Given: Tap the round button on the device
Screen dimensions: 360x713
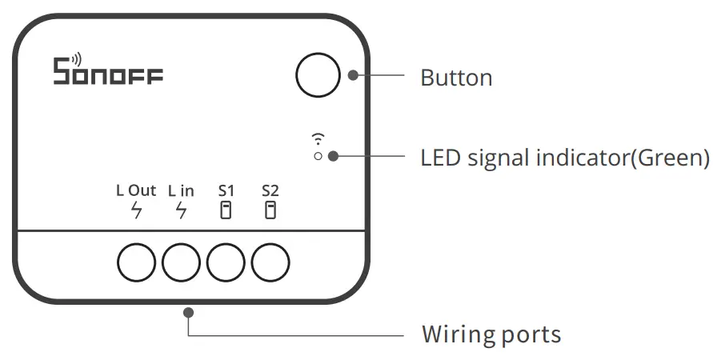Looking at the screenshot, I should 318,76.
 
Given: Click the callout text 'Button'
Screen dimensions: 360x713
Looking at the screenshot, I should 456,78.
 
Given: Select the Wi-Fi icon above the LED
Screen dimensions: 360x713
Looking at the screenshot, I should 318,138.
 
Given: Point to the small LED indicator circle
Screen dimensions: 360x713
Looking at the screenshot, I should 318,156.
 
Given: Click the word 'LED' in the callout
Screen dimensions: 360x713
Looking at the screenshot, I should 441,158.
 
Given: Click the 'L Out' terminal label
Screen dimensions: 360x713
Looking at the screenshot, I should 136,191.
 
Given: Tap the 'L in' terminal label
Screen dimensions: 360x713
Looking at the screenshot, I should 181,191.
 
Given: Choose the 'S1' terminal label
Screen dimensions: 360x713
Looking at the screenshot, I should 226,191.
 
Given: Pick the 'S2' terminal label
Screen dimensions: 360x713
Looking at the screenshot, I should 270,191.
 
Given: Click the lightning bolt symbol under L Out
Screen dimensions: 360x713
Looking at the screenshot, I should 137,211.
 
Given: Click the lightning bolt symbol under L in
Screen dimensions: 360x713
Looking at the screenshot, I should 181,211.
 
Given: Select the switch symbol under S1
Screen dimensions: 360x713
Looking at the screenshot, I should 226,211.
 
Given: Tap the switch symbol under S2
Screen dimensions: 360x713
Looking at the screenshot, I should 270,211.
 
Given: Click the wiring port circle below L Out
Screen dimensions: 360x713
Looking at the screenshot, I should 137,262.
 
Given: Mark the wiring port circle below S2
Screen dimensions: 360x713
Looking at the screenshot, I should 270,262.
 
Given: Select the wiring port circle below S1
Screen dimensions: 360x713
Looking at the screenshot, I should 226,262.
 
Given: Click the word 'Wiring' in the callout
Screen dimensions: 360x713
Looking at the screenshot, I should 453,334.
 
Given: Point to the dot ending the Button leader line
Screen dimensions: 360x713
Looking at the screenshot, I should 353,76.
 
